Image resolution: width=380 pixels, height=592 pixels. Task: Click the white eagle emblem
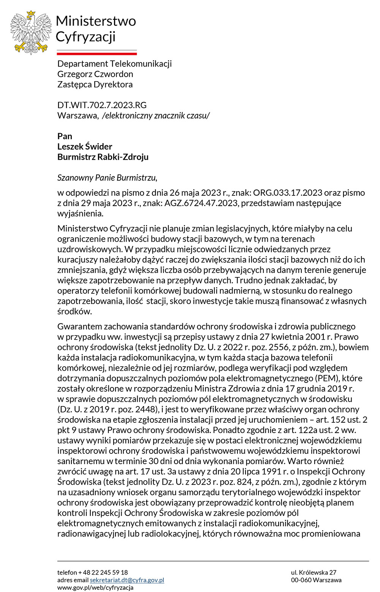[31, 32]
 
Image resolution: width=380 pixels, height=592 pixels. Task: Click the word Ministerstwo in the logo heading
[96, 21]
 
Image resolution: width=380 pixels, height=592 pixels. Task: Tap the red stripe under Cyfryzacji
[97, 54]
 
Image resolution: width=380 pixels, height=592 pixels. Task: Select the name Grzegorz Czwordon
[95, 74]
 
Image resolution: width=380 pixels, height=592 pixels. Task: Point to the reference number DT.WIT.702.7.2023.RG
[102, 105]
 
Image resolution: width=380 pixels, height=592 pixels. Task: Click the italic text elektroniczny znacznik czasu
[156, 115]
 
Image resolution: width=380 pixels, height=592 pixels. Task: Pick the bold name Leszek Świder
[85, 146]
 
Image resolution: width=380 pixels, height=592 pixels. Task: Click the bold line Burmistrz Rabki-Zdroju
[103, 157]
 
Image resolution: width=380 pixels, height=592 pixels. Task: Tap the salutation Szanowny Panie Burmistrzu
[107, 178]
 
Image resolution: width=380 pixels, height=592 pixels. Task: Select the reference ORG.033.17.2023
[288, 193]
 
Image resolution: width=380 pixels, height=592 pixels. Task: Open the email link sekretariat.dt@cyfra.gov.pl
[127, 580]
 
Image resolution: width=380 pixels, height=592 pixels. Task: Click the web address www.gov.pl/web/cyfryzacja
[95, 587]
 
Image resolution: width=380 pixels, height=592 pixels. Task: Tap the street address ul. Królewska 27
[313, 572]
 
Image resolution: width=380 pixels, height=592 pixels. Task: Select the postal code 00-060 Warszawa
[316, 580]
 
